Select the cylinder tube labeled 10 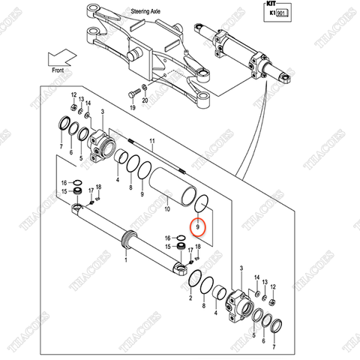click(172, 184)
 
